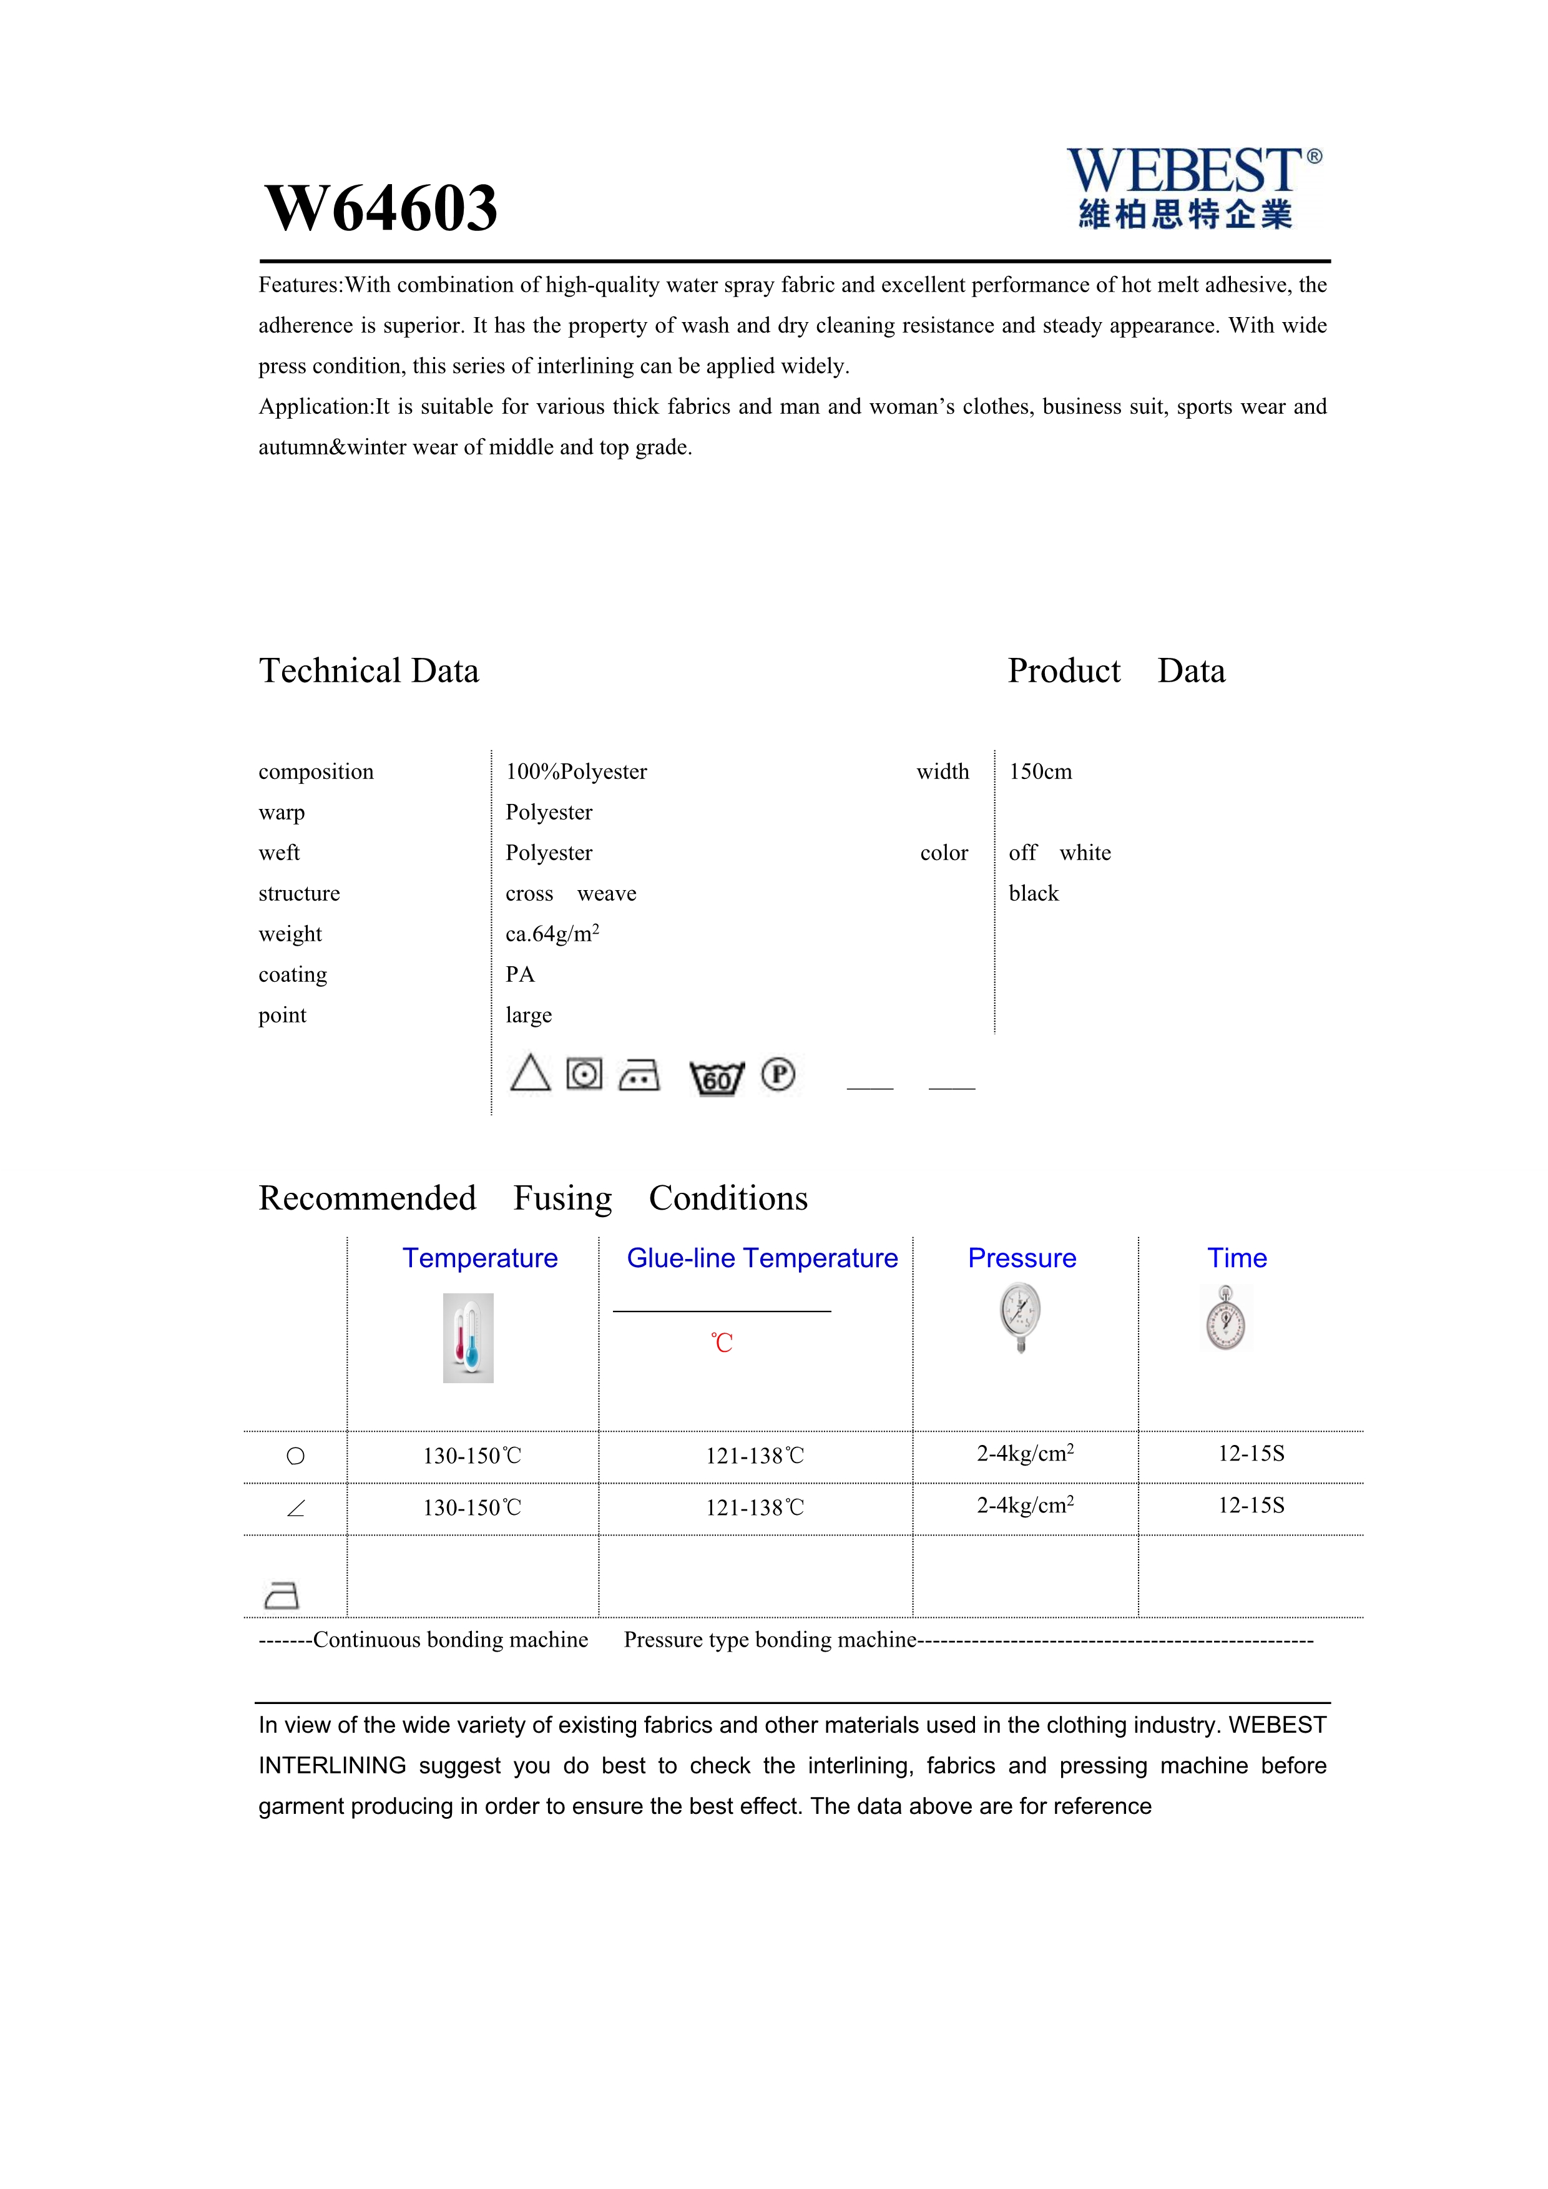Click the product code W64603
pyautogui.click(x=381, y=209)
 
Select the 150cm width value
pyautogui.click(x=1040, y=771)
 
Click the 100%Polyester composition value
pyautogui.click(x=576, y=771)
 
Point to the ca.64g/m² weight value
pyautogui.click(x=552, y=933)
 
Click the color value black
pyautogui.click(x=1033, y=893)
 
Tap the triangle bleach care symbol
pyautogui.click(x=530, y=1074)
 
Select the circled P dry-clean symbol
pyautogui.click(x=778, y=1074)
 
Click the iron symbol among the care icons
pyautogui.click(x=639, y=1075)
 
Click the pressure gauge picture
pyautogui.click(x=1020, y=1316)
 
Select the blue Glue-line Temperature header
pyautogui.click(x=762, y=1258)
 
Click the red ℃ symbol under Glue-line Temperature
pyautogui.click(x=722, y=1343)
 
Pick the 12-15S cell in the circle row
pyautogui.click(x=1251, y=1454)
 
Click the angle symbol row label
pyautogui.click(x=295, y=1508)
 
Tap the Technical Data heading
pyautogui.click(x=369, y=671)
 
